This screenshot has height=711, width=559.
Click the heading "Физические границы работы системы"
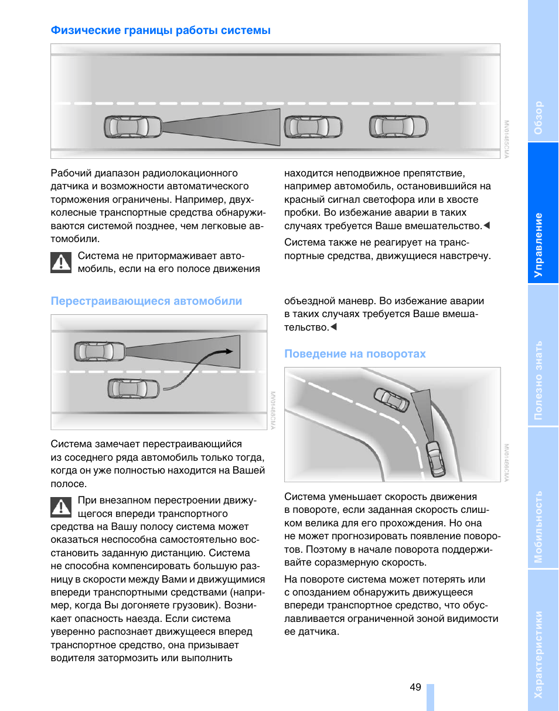161,30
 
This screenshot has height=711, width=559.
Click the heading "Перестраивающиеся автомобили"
146,301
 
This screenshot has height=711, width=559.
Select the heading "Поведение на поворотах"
355,354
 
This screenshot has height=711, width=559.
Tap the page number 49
415,688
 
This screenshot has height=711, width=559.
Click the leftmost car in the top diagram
134,127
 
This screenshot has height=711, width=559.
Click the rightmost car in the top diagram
398,126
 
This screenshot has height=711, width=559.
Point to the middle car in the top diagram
313,127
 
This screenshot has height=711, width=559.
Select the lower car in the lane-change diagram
134,388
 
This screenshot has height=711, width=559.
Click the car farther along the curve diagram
391,400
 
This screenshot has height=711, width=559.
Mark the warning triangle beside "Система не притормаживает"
61,262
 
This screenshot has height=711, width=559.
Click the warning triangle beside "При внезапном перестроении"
61,506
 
